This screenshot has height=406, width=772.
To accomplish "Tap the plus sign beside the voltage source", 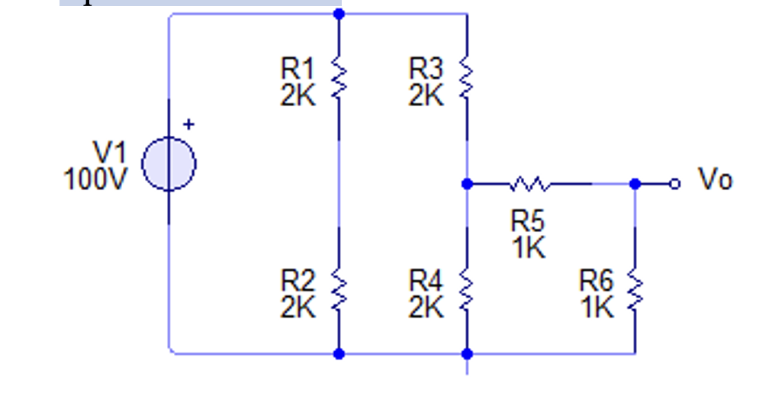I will [188, 124].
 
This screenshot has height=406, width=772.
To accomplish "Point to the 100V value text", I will [95, 179].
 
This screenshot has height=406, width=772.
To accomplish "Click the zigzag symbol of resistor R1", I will [339, 80].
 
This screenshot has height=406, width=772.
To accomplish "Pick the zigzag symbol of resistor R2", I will [339, 292].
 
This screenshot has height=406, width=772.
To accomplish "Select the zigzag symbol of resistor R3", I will [467, 80].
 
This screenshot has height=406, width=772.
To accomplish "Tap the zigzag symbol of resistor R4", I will [467, 292].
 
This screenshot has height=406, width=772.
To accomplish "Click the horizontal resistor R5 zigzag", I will [529, 184].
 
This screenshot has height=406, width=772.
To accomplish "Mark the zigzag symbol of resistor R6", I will [635, 292].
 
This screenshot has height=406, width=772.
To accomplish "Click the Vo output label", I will [715, 180].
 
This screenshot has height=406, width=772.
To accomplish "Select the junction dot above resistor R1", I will [339, 14].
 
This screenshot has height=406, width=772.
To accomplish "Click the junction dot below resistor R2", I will [339, 353].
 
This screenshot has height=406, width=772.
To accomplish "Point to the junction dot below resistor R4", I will [467, 353].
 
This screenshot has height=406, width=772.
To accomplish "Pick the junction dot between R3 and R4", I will [467, 184].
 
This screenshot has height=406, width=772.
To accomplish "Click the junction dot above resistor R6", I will [635, 184].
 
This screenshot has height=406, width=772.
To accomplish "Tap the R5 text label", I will [528, 221].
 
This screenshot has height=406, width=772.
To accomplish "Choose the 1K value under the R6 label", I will [597, 308].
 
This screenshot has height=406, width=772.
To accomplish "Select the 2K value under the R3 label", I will [426, 96].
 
